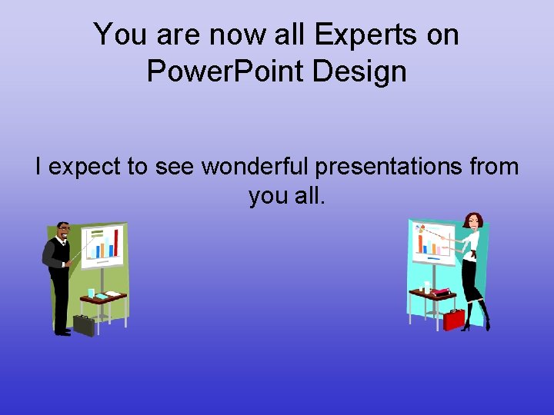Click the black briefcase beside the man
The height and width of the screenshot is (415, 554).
pos(84,324)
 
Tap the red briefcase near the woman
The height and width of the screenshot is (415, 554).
pos(454,318)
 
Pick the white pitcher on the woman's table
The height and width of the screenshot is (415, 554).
pos(426,287)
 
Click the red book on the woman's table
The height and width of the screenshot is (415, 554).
pos(442,292)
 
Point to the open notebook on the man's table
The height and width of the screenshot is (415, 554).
pos(112,294)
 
